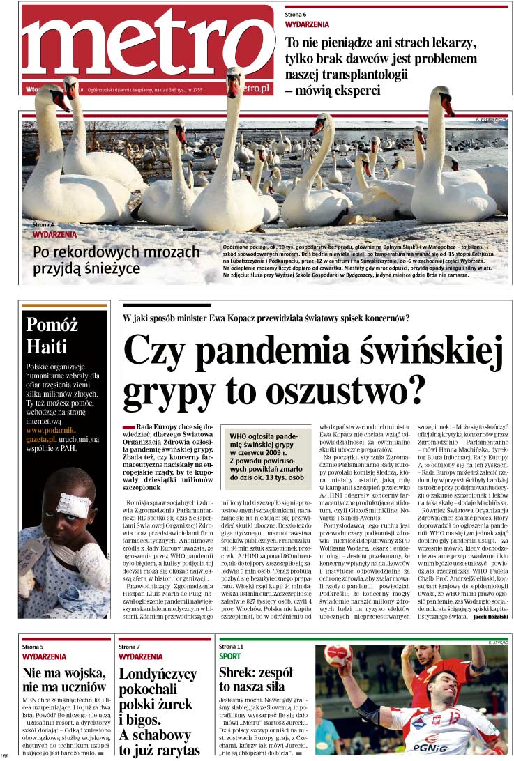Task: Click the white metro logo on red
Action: pos(146,45)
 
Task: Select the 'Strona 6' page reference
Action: pos(296,15)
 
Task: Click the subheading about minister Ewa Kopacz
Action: pos(266,318)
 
